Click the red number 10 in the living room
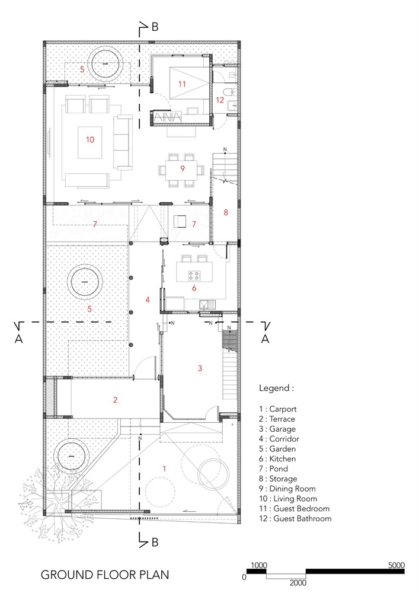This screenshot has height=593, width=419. click(90, 139)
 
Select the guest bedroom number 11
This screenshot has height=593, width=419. click(182, 84)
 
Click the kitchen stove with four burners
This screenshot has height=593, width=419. click(194, 276)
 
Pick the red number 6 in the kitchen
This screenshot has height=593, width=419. click(194, 288)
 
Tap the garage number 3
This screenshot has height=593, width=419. click(200, 368)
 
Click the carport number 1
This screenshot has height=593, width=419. click(164, 468)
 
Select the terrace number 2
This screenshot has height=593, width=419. click(115, 400)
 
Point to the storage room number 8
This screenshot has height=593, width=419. click(226, 212)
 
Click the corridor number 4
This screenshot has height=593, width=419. click(148, 299)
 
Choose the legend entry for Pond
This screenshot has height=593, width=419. click(274, 469)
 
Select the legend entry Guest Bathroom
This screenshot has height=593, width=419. click(295, 519)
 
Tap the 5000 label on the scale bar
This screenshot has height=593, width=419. click(396, 565)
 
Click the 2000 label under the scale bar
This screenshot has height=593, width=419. click(298, 583)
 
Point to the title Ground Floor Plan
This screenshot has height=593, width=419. click(105, 575)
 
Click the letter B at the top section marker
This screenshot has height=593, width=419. click(155, 27)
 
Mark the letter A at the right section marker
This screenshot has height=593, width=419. click(266, 339)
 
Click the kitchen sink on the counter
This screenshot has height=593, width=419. click(207, 304)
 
